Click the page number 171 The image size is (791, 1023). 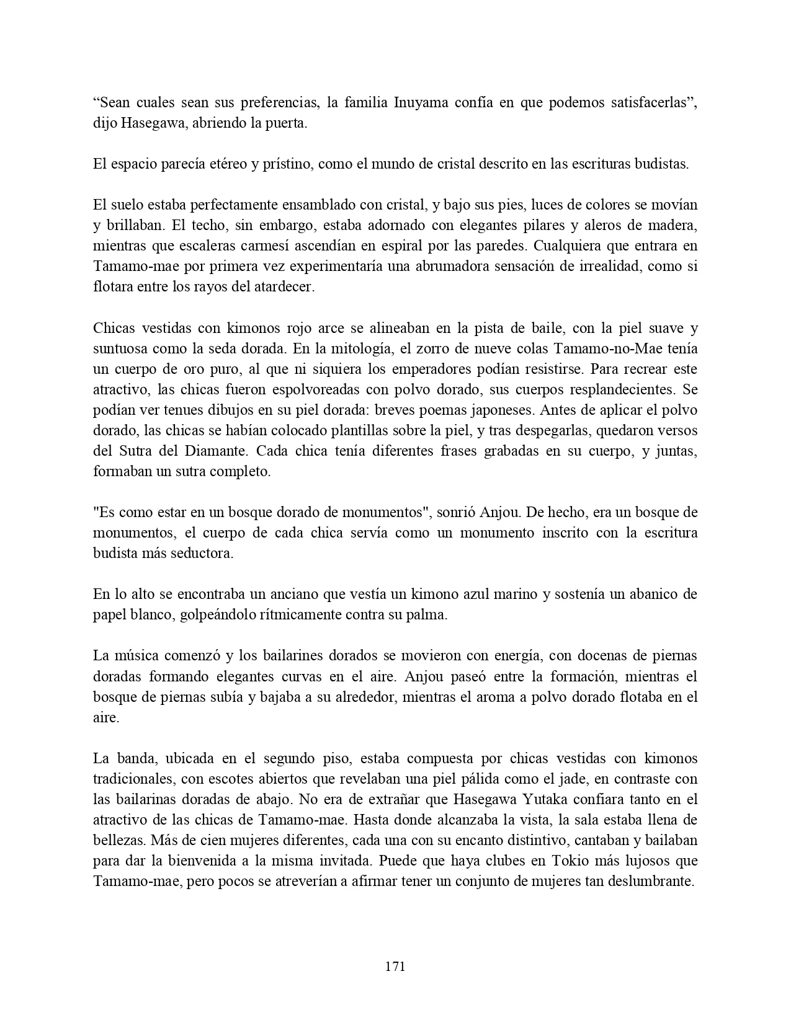coord(395,966)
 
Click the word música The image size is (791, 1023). coord(135,655)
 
